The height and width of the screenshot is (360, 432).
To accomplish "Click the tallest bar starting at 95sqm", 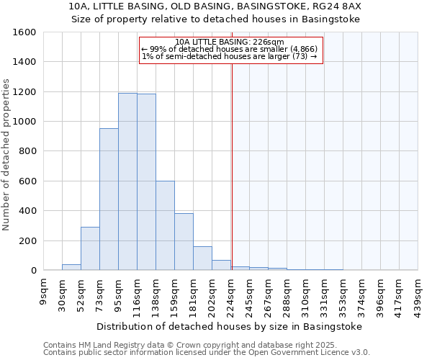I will click(x=127, y=181).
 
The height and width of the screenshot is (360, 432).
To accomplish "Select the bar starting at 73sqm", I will click(x=109, y=199).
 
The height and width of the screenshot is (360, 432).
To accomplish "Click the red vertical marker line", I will click(x=232, y=166).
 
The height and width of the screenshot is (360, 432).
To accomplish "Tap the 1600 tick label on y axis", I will click(x=24, y=32).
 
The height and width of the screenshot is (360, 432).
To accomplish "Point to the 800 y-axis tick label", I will click(x=27, y=151).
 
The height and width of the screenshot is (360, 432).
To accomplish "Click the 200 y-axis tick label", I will click(x=27, y=240).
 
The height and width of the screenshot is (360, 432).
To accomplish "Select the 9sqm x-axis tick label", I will click(x=43, y=291).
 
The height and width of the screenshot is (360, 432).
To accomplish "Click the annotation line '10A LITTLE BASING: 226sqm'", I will click(x=230, y=42).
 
